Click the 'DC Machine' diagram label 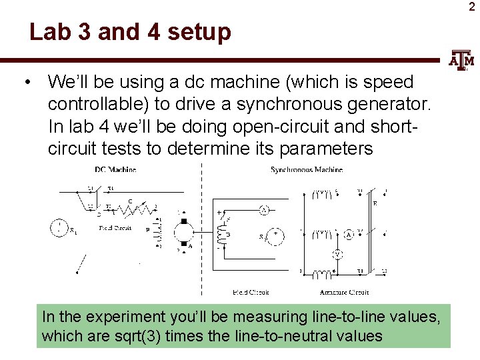115,169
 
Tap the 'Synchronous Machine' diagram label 307,169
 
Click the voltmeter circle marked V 338,253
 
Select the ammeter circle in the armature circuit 349,235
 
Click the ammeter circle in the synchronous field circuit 263,210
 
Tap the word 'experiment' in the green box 118,315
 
